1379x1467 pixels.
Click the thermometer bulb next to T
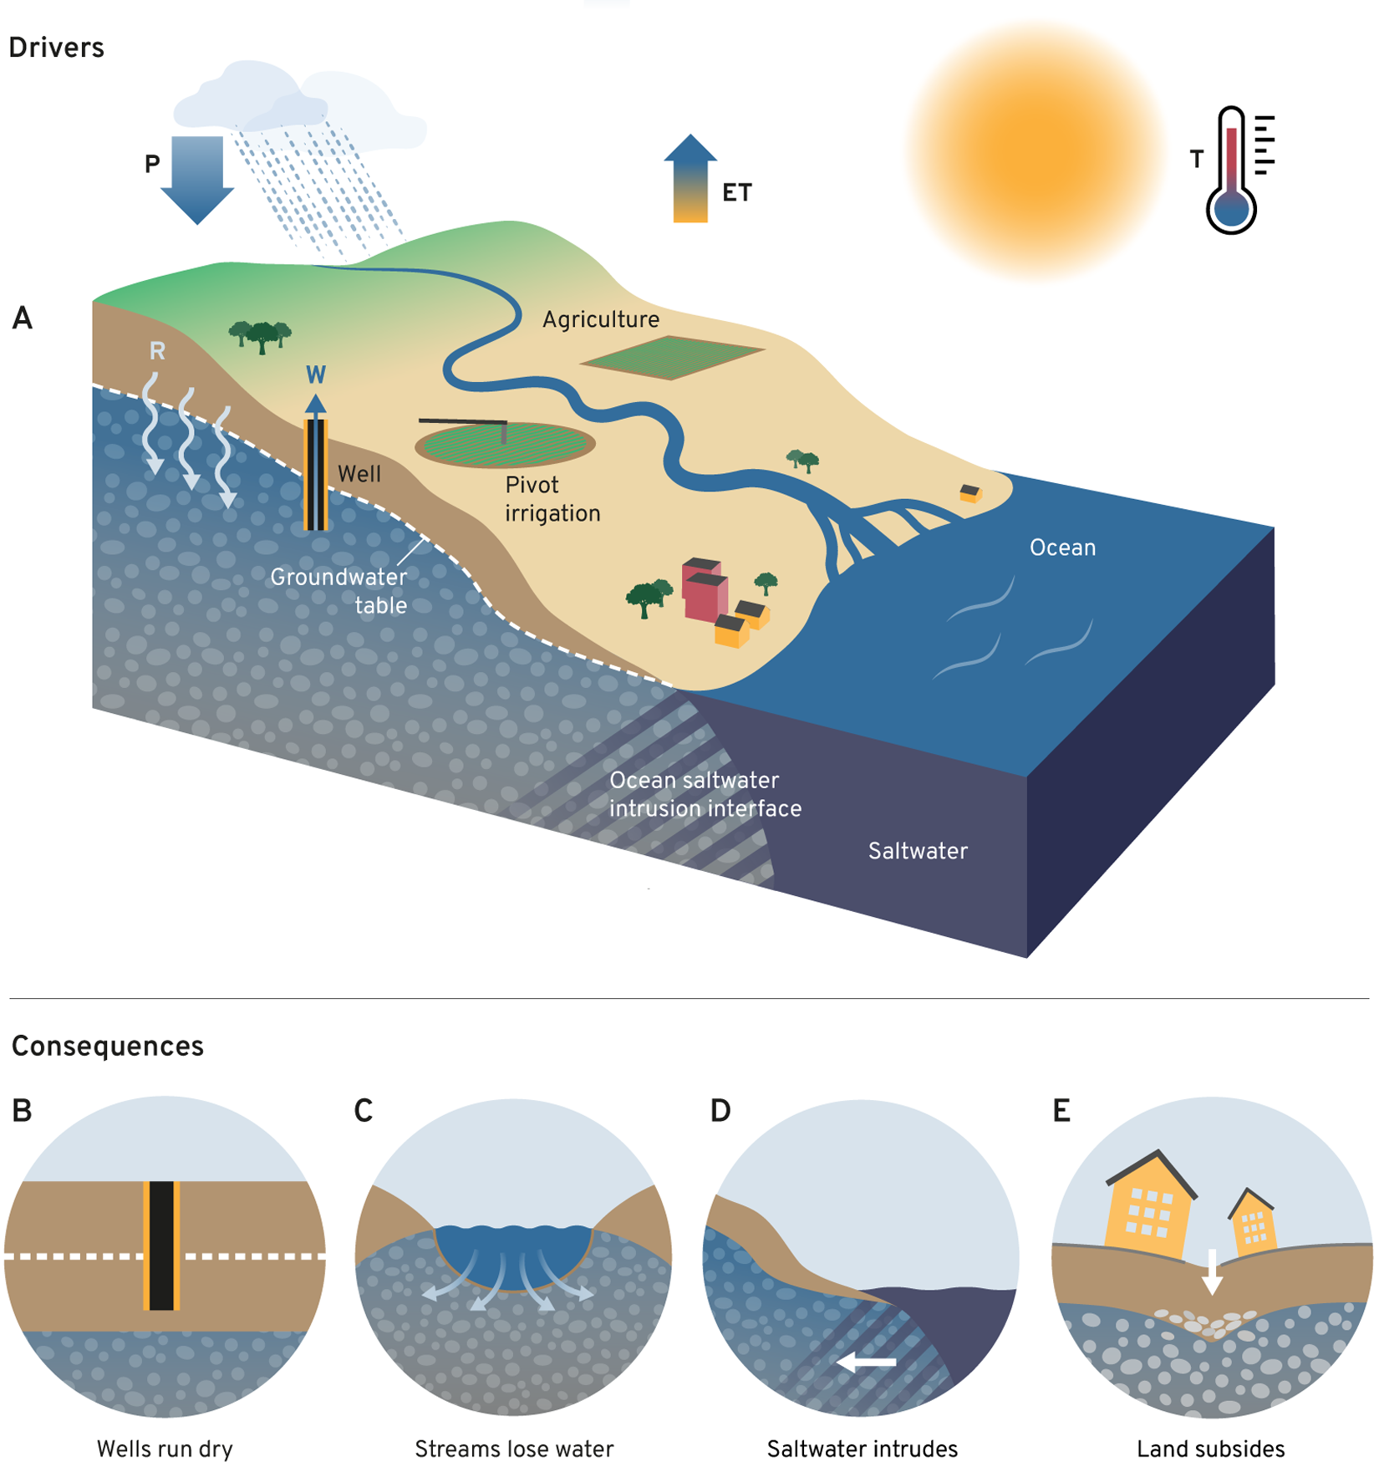click(1231, 209)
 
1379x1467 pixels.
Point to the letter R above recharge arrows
click(157, 351)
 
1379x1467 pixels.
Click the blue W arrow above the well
click(315, 405)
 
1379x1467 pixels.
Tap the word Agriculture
click(601, 319)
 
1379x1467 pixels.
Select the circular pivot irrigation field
click(505, 444)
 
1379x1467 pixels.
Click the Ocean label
click(1062, 548)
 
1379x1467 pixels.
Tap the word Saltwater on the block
click(918, 851)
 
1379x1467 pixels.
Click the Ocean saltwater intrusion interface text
click(705, 794)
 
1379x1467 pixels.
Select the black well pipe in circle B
click(161, 1245)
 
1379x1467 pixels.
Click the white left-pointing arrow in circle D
click(867, 1363)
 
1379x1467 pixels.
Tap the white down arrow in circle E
click(1212, 1271)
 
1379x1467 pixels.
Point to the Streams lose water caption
click(514, 1449)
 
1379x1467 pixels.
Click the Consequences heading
click(108, 1046)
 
